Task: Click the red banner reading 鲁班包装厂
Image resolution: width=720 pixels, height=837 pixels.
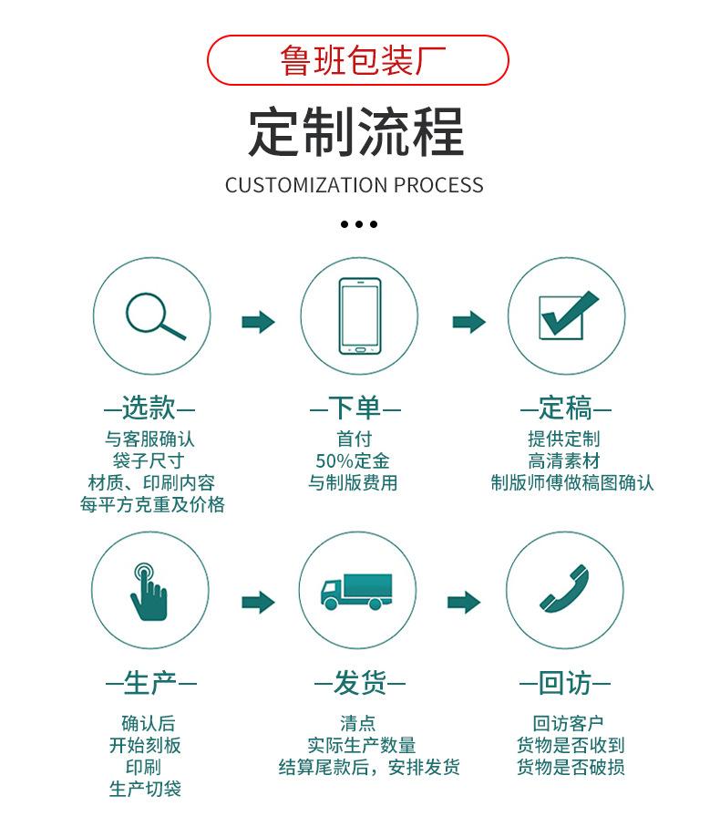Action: [x=358, y=60]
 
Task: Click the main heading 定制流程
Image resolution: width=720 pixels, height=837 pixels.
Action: [x=356, y=133]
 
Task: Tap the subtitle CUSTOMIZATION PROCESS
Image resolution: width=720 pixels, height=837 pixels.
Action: [x=355, y=185]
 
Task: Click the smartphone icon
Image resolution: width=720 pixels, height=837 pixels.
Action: [x=359, y=315]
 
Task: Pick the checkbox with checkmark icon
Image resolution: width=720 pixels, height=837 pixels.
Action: [x=567, y=315]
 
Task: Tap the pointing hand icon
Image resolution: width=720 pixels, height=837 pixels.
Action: [x=148, y=592]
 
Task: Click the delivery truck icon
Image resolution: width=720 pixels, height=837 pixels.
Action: [x=356, y=592]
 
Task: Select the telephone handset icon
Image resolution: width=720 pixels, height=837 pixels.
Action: [x=564, y=590]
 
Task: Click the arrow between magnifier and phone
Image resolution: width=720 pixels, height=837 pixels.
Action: [x=258, y=322]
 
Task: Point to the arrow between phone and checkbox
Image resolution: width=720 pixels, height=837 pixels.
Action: [x=468, y=321]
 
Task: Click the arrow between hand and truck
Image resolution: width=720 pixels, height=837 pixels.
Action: [x=258, y=601]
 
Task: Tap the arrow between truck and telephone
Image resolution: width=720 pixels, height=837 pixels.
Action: [x=464, y=601]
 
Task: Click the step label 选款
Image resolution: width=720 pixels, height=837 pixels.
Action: [x=149, y=407]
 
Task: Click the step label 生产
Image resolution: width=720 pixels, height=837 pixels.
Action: [x=150, y=682]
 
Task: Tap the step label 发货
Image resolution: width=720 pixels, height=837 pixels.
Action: [x=359, y=682]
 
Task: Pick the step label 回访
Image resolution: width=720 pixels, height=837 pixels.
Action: [x=565, y=682]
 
